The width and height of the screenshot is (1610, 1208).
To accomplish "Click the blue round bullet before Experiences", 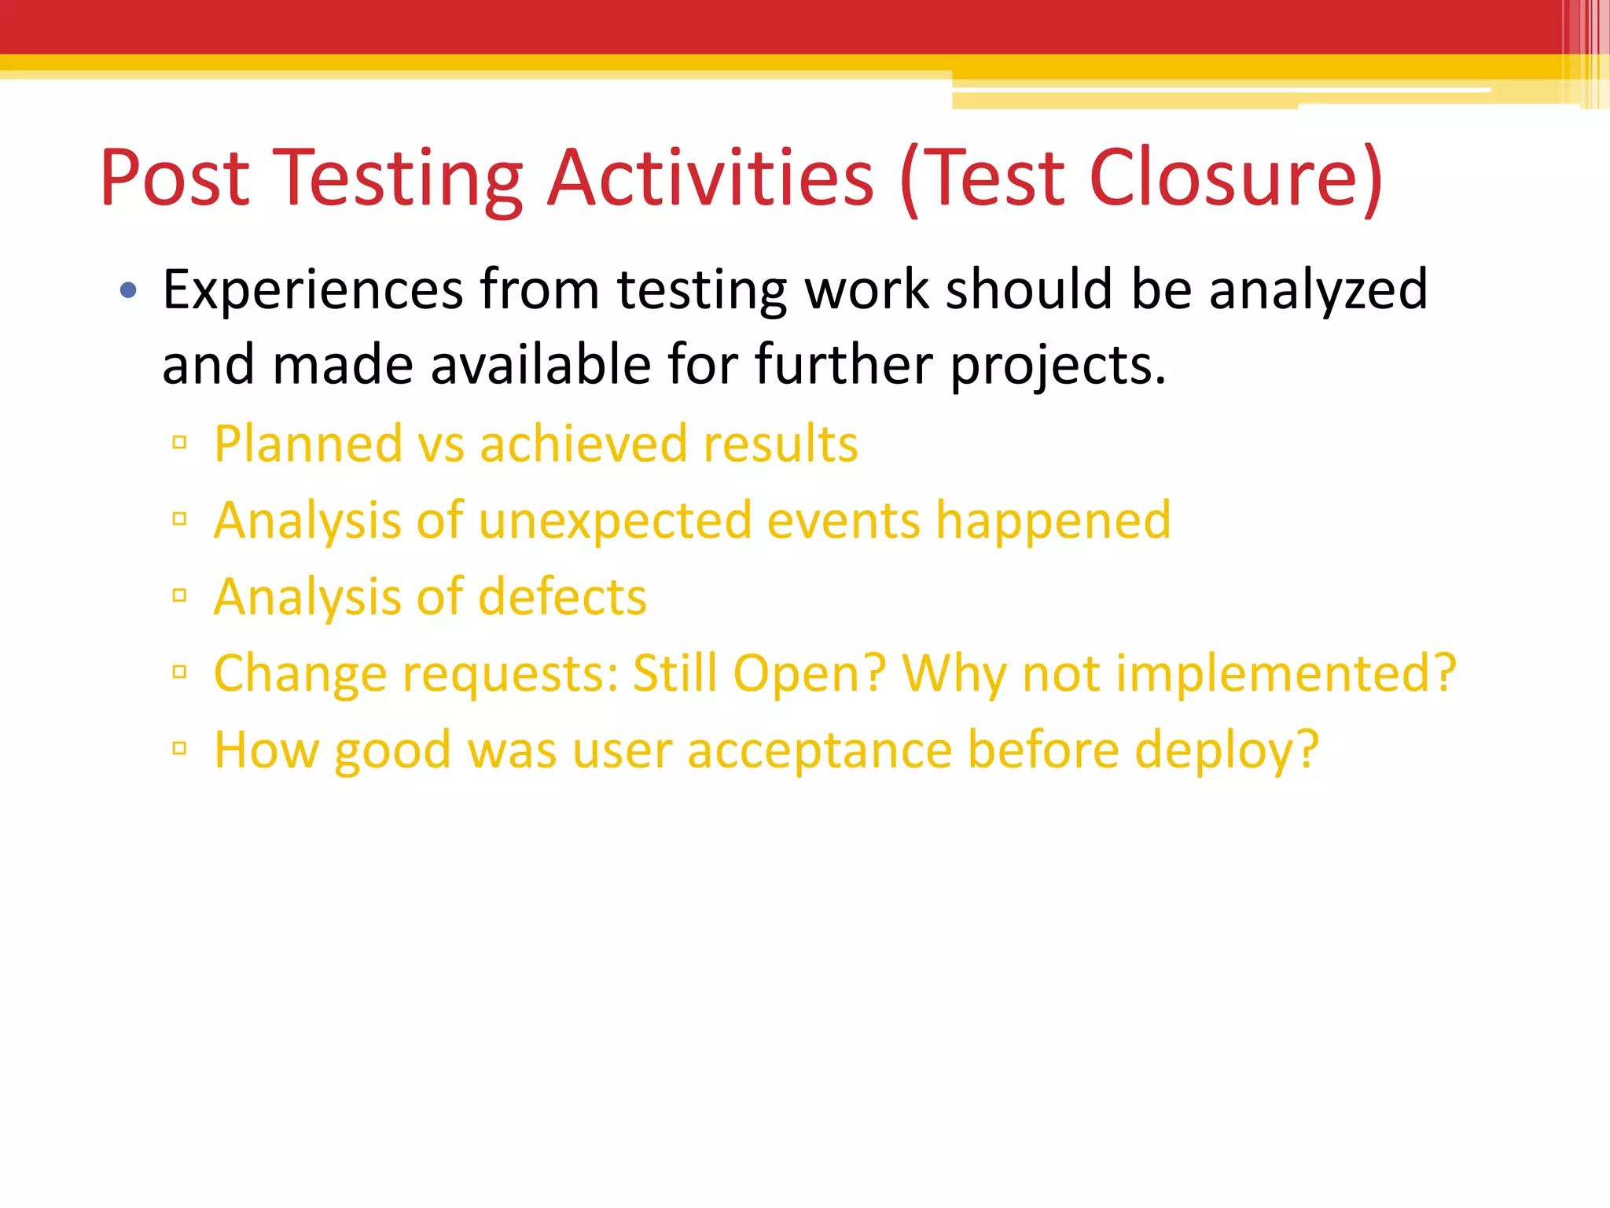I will pyautogui.click(x=128, y=292).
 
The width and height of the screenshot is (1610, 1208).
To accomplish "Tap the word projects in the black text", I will pyautogui.click(x=1057, y=366).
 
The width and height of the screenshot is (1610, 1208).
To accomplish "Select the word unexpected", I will pyautogui.click(x=614, y=521).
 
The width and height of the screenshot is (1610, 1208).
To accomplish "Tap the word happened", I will pyautogui.click(x=1053, y=521).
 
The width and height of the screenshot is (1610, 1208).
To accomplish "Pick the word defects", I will pyautogui.click(x=562, y=597).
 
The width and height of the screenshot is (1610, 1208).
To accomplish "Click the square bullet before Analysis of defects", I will pyautogui.click(x=179, y=595).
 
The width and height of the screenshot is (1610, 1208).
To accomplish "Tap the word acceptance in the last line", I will pyautogui.click(x=820, y=750).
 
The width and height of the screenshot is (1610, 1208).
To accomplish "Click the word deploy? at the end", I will pyautogui.click(x=1226, y=750).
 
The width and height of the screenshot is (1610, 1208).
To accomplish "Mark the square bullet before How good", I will pyautogui.click(x=179, y=748).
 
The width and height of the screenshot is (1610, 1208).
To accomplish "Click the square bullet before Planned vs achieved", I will pyautogui.click(x=179, y=443).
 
